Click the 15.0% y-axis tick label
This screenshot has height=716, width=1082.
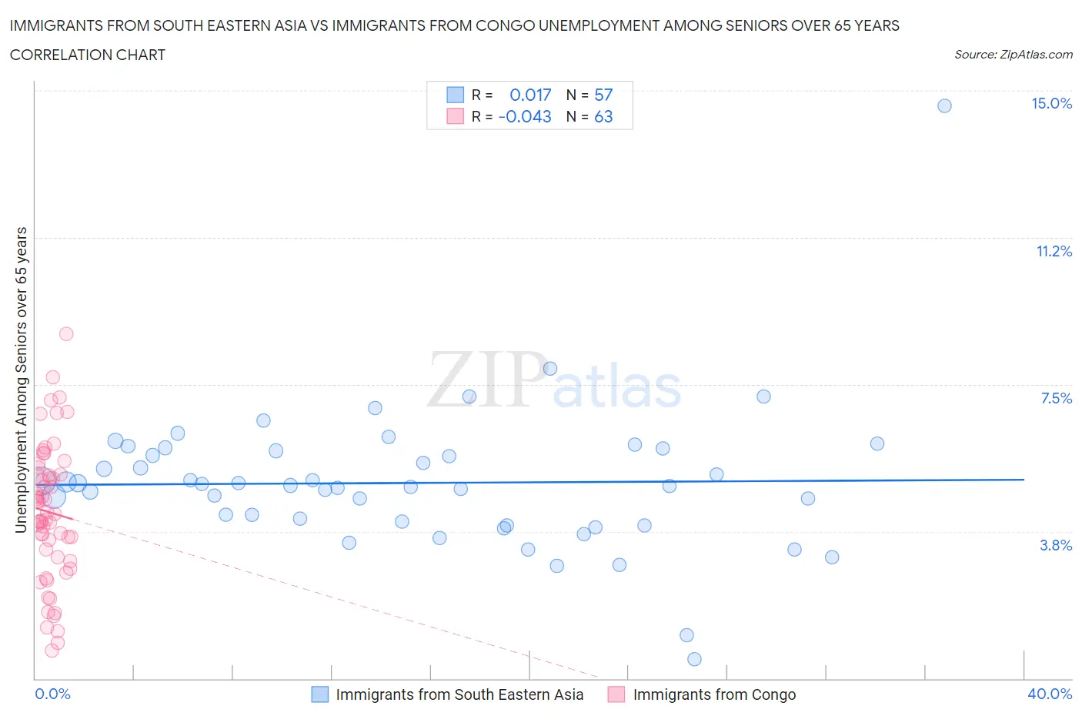click(1051, 104)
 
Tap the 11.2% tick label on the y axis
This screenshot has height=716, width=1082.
click(1054, 252)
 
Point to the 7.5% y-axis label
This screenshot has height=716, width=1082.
click(1056, 399)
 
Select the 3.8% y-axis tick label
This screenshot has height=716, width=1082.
click(1056, 546)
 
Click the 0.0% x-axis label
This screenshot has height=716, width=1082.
click(52, 694)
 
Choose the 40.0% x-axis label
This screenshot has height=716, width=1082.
click(1050, 694)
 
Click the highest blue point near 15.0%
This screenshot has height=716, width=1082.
click(944, 106)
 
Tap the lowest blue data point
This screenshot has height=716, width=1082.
click(694, 659)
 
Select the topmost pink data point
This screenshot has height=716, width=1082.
click(66, 334)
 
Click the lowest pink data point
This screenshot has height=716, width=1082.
click(52, 651)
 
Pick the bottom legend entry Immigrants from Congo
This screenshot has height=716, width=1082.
click(714, 695)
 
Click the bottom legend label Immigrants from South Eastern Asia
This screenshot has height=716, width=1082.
click(459, 695)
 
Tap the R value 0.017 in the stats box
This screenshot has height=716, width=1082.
click(530, 95)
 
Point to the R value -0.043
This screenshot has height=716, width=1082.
click(525, 117)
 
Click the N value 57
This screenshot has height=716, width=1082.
click(603, 95)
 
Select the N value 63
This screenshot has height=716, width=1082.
click(603, 117)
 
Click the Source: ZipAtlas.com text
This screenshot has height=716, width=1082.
click(1013, 55)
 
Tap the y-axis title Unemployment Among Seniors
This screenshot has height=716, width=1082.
click(22, 380)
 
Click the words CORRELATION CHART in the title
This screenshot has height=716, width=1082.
click(88, 55)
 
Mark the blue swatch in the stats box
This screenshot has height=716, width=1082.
click(456, 95)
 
